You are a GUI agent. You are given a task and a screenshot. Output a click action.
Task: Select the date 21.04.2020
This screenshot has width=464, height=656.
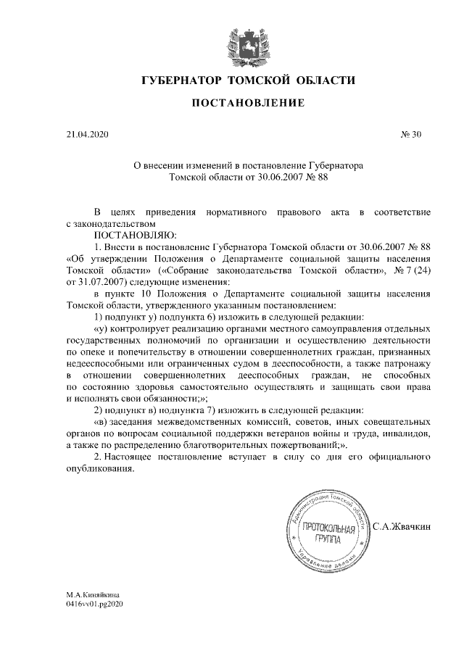point(87,134)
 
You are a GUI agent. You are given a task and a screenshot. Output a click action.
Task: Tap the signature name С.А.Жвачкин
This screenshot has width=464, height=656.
point(402,526)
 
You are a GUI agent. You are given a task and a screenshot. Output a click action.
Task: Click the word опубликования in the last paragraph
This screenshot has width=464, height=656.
point(100,469)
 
